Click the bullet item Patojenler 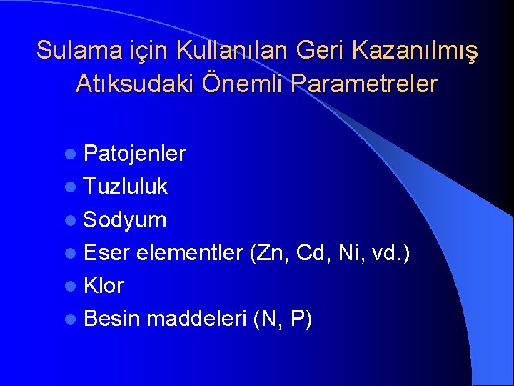[x=134, y=154]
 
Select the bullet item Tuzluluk [x=126, y=187]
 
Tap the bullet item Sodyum [x=125, y=220]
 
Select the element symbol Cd [x=312, y=253]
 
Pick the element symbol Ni [x=351, y=253]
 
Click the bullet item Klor [x=104, y=286]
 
